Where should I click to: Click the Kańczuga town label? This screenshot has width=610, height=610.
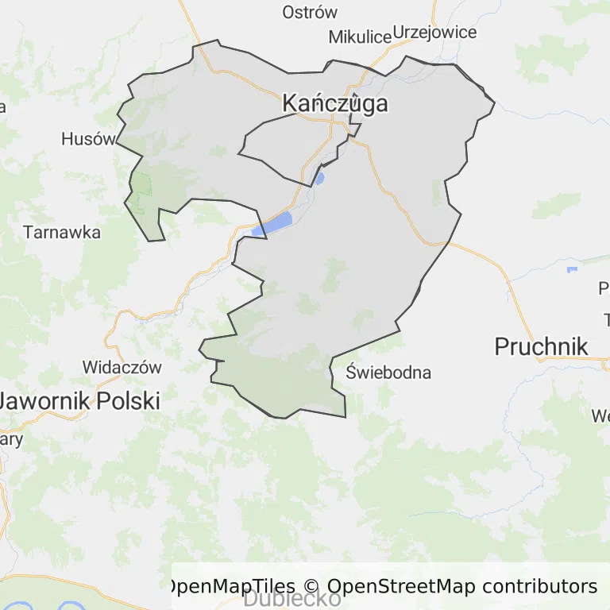coord(335,104)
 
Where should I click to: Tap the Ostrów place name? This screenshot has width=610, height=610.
coord(310,13)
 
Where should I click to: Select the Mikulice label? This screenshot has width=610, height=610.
coord(361,37)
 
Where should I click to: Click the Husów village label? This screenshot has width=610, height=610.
coord(88,139)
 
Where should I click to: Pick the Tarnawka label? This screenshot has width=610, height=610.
coord(62,233)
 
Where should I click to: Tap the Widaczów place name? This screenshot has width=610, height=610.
coord(122,368)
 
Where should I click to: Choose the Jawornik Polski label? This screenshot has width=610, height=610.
coord(79,401)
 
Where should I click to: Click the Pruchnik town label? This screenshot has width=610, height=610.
coord(541,346)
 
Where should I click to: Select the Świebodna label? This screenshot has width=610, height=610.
coord(389,372)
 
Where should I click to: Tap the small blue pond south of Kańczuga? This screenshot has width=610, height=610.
coord(320,178)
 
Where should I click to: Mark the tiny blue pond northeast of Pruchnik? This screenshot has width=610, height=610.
coord(572,270)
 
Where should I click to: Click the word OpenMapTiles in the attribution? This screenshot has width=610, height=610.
coord(230,586)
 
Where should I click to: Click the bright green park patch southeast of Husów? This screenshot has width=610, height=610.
coord(141,184)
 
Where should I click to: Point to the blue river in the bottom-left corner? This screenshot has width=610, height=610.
coord(24,607)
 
